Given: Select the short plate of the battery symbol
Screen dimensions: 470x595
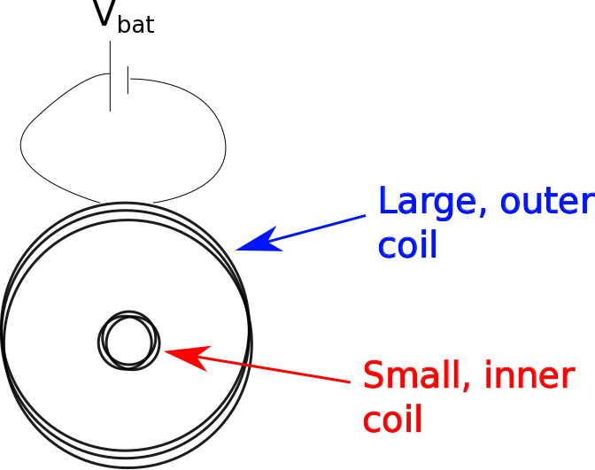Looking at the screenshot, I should click(x=128, y=79).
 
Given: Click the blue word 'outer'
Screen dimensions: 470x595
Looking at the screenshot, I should click(x=545, y=202).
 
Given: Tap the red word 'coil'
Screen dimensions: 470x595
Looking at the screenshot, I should click(x=392, y=418).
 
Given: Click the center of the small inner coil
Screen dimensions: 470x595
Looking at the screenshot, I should click(x=128, y=340).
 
